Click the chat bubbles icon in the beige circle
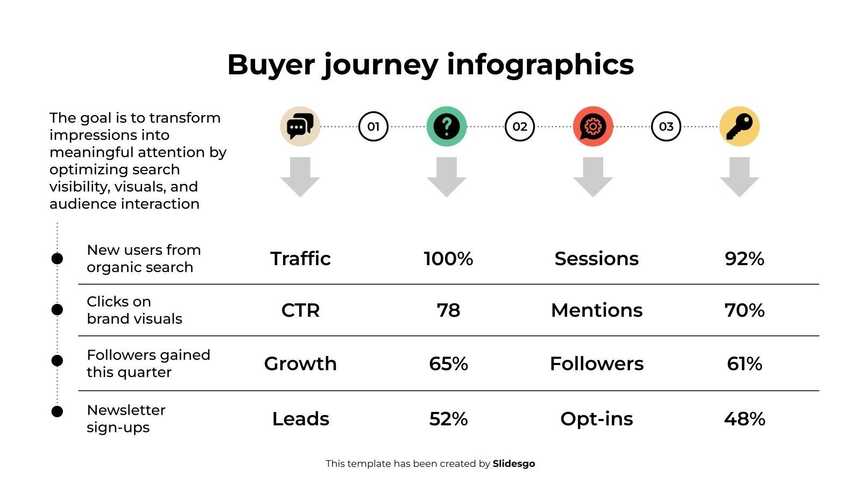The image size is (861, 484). tap(300, 126)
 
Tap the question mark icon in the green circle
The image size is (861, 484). tap(447, 126)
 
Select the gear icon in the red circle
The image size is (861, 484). tap(593, 126)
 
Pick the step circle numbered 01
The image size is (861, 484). tap(373, 126)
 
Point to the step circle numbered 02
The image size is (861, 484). tap(520, 126)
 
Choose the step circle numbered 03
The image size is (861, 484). tap(666, 126)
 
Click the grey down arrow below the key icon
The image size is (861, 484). tap(739, 177)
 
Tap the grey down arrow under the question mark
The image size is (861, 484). tap(447, 177)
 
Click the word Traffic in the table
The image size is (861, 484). tap(300, 259)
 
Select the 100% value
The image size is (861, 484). tap(449, 259)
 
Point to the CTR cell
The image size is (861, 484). tap(300, 310)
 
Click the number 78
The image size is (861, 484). tap(449, 310)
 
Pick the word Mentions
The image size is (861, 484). tap(597, 310)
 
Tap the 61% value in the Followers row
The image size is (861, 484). tap(745, 364)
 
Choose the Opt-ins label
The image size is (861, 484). tap(597, 419)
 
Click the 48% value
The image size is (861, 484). tap(745, 419)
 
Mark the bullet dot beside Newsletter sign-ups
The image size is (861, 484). tap(57, 411)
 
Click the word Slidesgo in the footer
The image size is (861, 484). tap(514, 464)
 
